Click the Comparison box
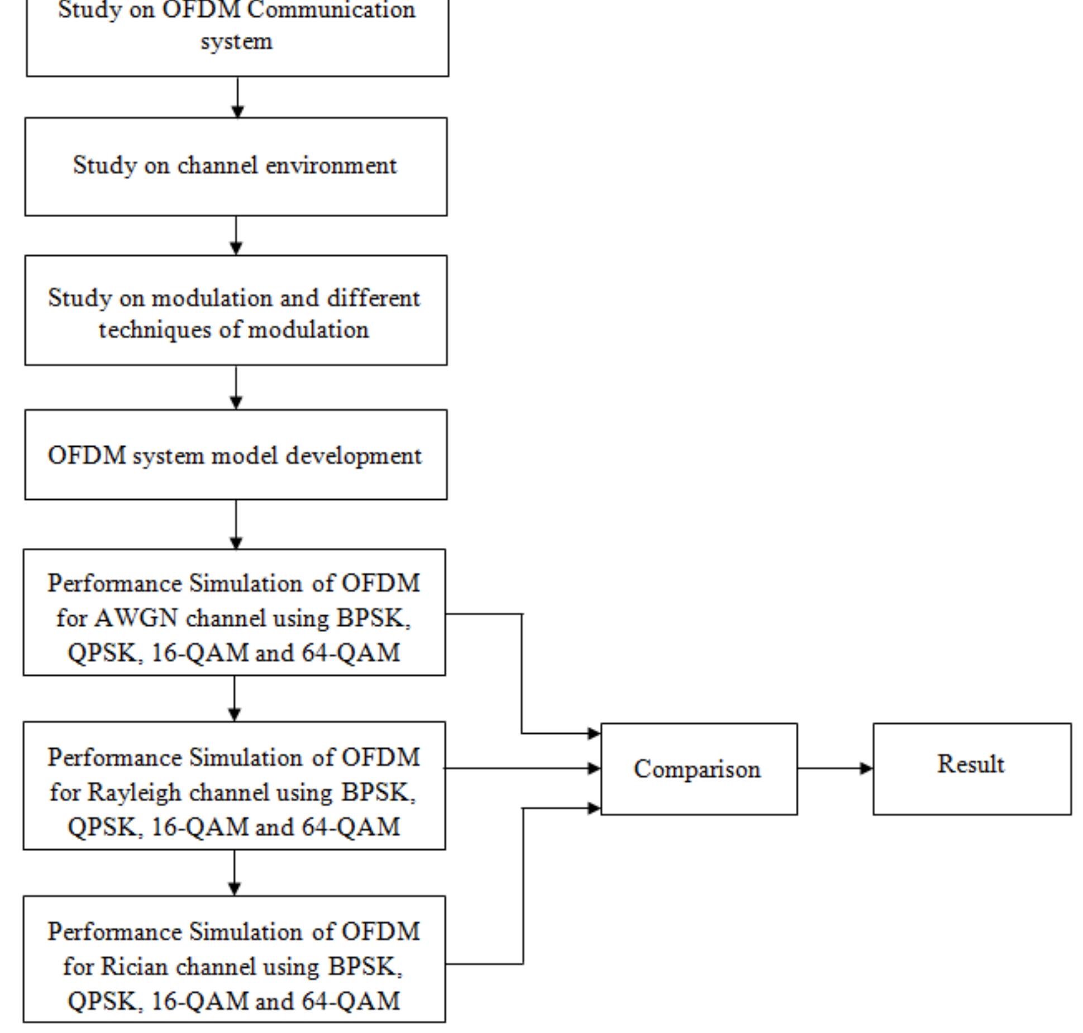pos(698,769)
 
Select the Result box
pos(971,768)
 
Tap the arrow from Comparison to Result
pos(835,768)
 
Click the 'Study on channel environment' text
pos(235,166)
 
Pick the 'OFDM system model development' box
pos(235,455)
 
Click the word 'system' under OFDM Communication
pos(236,42)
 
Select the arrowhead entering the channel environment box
pos(237,112)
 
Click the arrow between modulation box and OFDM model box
pos(236,387)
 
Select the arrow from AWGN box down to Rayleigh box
pos(234,698)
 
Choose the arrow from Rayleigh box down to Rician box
pos(234,872)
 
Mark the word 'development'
pos(354,456)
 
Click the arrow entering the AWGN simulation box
pos(236,524)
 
